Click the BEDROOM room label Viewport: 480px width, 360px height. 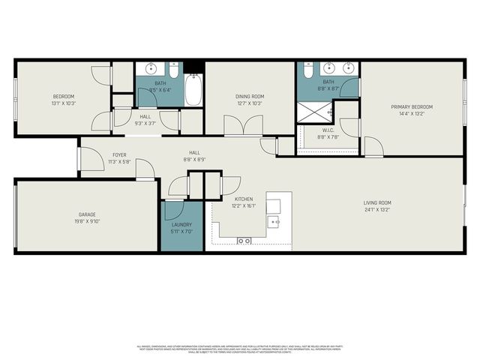(63, 96)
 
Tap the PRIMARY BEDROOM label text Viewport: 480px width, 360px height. (412, 106)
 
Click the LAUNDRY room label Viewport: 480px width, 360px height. (181, 225)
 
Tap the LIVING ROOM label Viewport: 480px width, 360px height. (377, 202)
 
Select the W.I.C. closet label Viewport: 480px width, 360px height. (328, 130)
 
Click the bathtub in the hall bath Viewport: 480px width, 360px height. (193, 90)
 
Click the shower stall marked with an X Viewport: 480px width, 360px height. (314, 112)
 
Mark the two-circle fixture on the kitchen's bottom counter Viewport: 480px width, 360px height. (243, 241)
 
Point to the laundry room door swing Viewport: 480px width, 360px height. (173, 211)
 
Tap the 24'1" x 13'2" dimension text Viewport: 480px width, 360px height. (377, 210)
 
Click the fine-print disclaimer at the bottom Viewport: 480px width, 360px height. (240, 349)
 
